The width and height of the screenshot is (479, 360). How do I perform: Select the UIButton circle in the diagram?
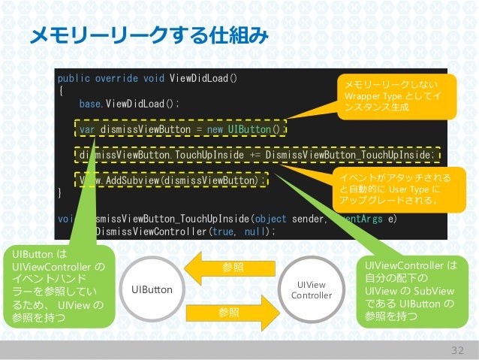[x=152, y=289]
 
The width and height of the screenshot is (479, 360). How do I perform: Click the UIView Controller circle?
[x=311, y=289]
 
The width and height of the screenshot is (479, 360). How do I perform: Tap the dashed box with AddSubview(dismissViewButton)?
[x=173, y=180]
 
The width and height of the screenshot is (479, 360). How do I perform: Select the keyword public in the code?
[x=74, y=77]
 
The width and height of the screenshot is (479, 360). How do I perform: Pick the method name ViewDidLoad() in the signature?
[x=205, y=77]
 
